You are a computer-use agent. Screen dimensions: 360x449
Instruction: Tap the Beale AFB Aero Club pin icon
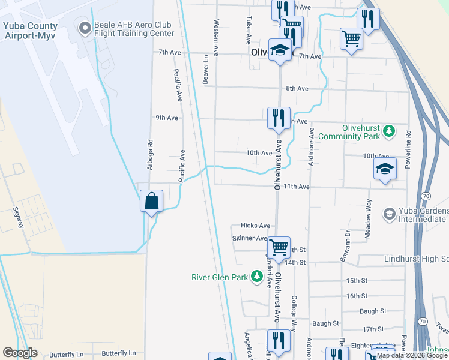coord(83,27)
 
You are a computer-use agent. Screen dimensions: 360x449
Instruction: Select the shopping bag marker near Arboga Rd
coord(152,200)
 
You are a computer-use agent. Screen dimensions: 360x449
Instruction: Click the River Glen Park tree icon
coord(257,277)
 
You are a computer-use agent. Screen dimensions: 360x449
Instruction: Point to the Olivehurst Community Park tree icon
coord(390,131)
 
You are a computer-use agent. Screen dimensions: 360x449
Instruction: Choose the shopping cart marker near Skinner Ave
coord(279,247)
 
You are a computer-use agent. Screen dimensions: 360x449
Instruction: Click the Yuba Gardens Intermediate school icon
coord(390,214)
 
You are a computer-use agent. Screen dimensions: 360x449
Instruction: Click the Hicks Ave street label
coord(255,226)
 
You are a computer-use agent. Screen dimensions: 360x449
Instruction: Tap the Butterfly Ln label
coord(67,354)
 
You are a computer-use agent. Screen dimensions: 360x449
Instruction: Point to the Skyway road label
coord(18,218)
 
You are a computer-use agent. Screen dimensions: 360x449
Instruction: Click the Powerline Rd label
coord(408,151)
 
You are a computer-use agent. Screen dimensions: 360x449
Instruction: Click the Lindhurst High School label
coord(416,259)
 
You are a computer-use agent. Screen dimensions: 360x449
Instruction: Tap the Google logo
coord(20,353)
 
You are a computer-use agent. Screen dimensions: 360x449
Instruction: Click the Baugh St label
coord(373,311)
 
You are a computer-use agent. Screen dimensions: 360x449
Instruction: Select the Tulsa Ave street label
coord(249,31)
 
